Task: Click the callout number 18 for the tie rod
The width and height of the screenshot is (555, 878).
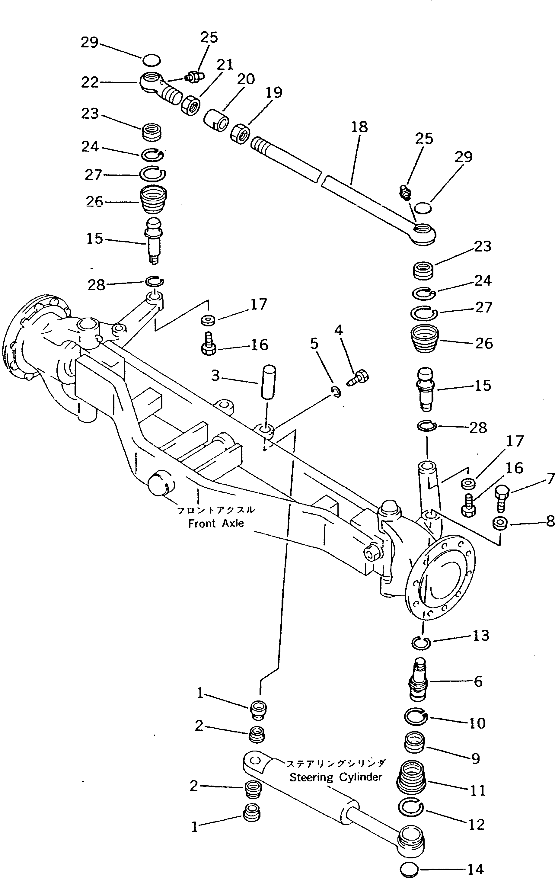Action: (x=359, y=127)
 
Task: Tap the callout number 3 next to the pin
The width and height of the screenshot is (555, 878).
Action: (x=216, y=376)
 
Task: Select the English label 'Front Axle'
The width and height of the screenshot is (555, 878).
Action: (x=216, y=523)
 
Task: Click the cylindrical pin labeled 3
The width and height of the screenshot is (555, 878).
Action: (x=269, y=383)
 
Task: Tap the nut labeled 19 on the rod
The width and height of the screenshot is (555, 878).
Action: (x=240, y=134)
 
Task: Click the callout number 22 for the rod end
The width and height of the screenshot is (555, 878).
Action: (x=90, y=83)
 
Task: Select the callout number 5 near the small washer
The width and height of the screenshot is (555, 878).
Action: (x=314, y=344)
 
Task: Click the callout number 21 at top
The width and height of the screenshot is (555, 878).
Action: (x=225, y=65)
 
